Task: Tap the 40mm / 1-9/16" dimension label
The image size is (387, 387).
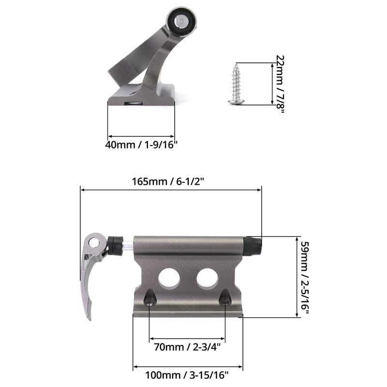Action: tap(141, 144)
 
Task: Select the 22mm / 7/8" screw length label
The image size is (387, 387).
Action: tap(279, 83)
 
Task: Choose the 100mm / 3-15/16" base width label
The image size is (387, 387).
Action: tap(187, 374)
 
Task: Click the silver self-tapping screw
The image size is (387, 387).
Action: tap(237, 83)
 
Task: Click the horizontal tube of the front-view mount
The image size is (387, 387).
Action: tap(189, 245)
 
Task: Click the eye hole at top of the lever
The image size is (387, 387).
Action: tap(96, 241)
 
